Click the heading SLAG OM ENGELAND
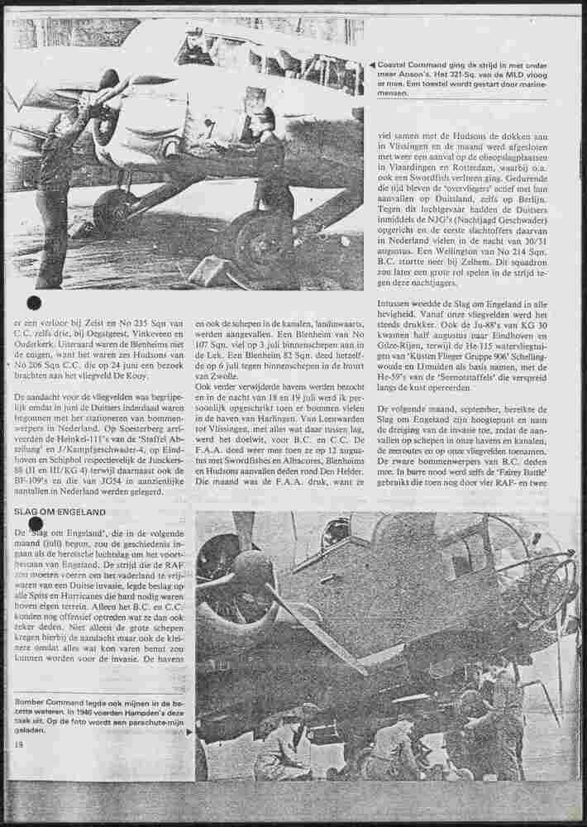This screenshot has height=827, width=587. (59, 512)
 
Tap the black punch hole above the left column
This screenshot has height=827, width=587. (35, 302)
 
